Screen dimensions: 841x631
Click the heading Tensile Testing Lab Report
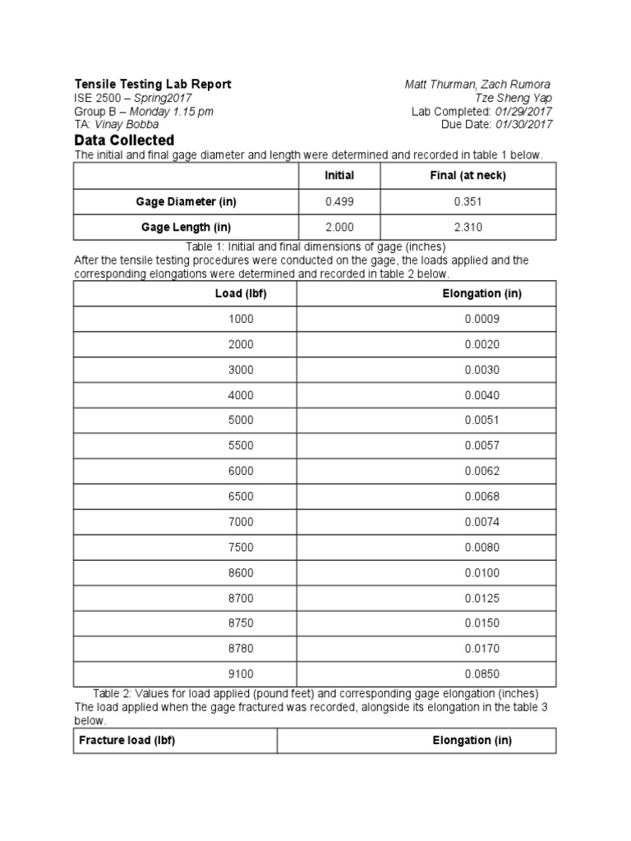click(x=153, y=84)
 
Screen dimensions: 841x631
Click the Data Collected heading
click(x=124, y=140)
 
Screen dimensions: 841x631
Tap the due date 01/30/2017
click(x=523, y=125)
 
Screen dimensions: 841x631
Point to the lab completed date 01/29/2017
click(x=523, y=112)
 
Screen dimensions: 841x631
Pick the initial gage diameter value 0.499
click(x=339, y=201)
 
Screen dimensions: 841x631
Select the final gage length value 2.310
click(x=467, y=227)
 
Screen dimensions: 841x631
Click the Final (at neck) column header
click(x=467, y=176)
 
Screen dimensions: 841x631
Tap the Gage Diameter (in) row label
click(x=187, y=201)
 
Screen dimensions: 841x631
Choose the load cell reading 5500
click(x=241, y=445)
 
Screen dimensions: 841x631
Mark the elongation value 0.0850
click(x=481, y=674)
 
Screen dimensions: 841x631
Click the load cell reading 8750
click(x=241, y=623)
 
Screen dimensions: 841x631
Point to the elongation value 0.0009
click(x=481, y=319)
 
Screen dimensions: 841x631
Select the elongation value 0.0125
click(x=481, y=598)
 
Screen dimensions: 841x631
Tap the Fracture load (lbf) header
click(x=127, y=740)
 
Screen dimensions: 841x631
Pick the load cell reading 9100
click(x=241, y=674)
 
